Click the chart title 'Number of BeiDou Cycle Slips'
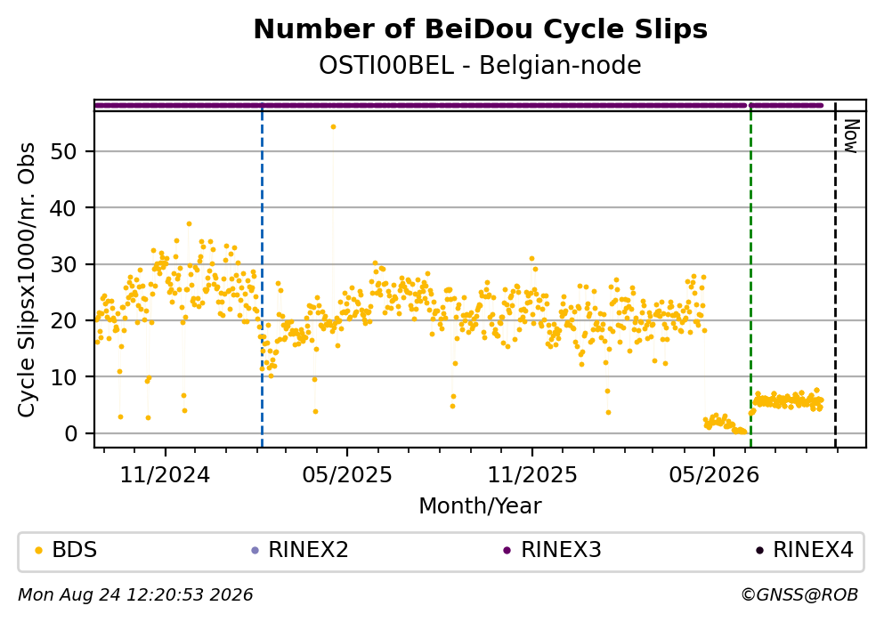pyautogui.click(x=481, y=29)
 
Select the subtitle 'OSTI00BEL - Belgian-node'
pyautogui.click(x=481, y=65)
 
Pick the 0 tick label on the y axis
pyautogui.click(x=70, y=433)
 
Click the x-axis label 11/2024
pyautogui.click(x=166, y=475)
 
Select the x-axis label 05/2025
pyautogui.click(x=347, y=475)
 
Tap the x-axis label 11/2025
pyautogui.click(x=532, y=475)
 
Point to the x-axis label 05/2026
pyautogui.click(x=714, y=475)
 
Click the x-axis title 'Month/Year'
pyautogui.click(x=481, y=506)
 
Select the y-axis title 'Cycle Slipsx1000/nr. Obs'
pyautogui.click(x=27, y=280)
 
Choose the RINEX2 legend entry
pyautogui.click(x=300, y=550)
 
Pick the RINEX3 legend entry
pyautogui.click(x=553, y=550)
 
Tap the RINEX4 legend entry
pyautogui.click(x=805, y=550)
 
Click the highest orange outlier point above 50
pyautogui.click(x=333, y=126)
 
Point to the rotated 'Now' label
pyautogui.click(x=851, y=136)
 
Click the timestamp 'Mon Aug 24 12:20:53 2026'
pyautogui.click(x=135, y=595)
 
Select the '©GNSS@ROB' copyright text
pyautogui.click(x=799, y=595)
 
